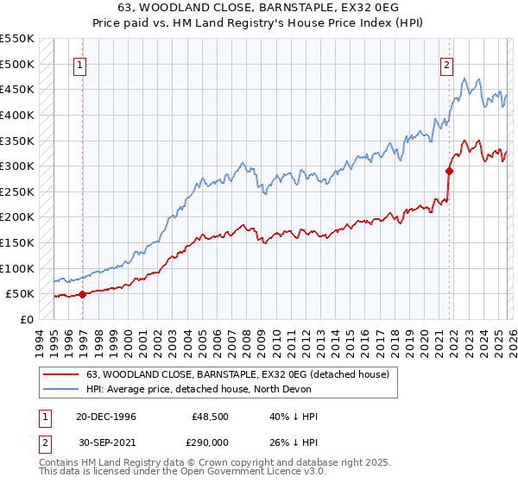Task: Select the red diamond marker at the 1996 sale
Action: tap(82, 294)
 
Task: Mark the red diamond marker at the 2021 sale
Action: tap(450, 171)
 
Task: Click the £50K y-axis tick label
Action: tap(20, 293)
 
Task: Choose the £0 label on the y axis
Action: tap(27, 319)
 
